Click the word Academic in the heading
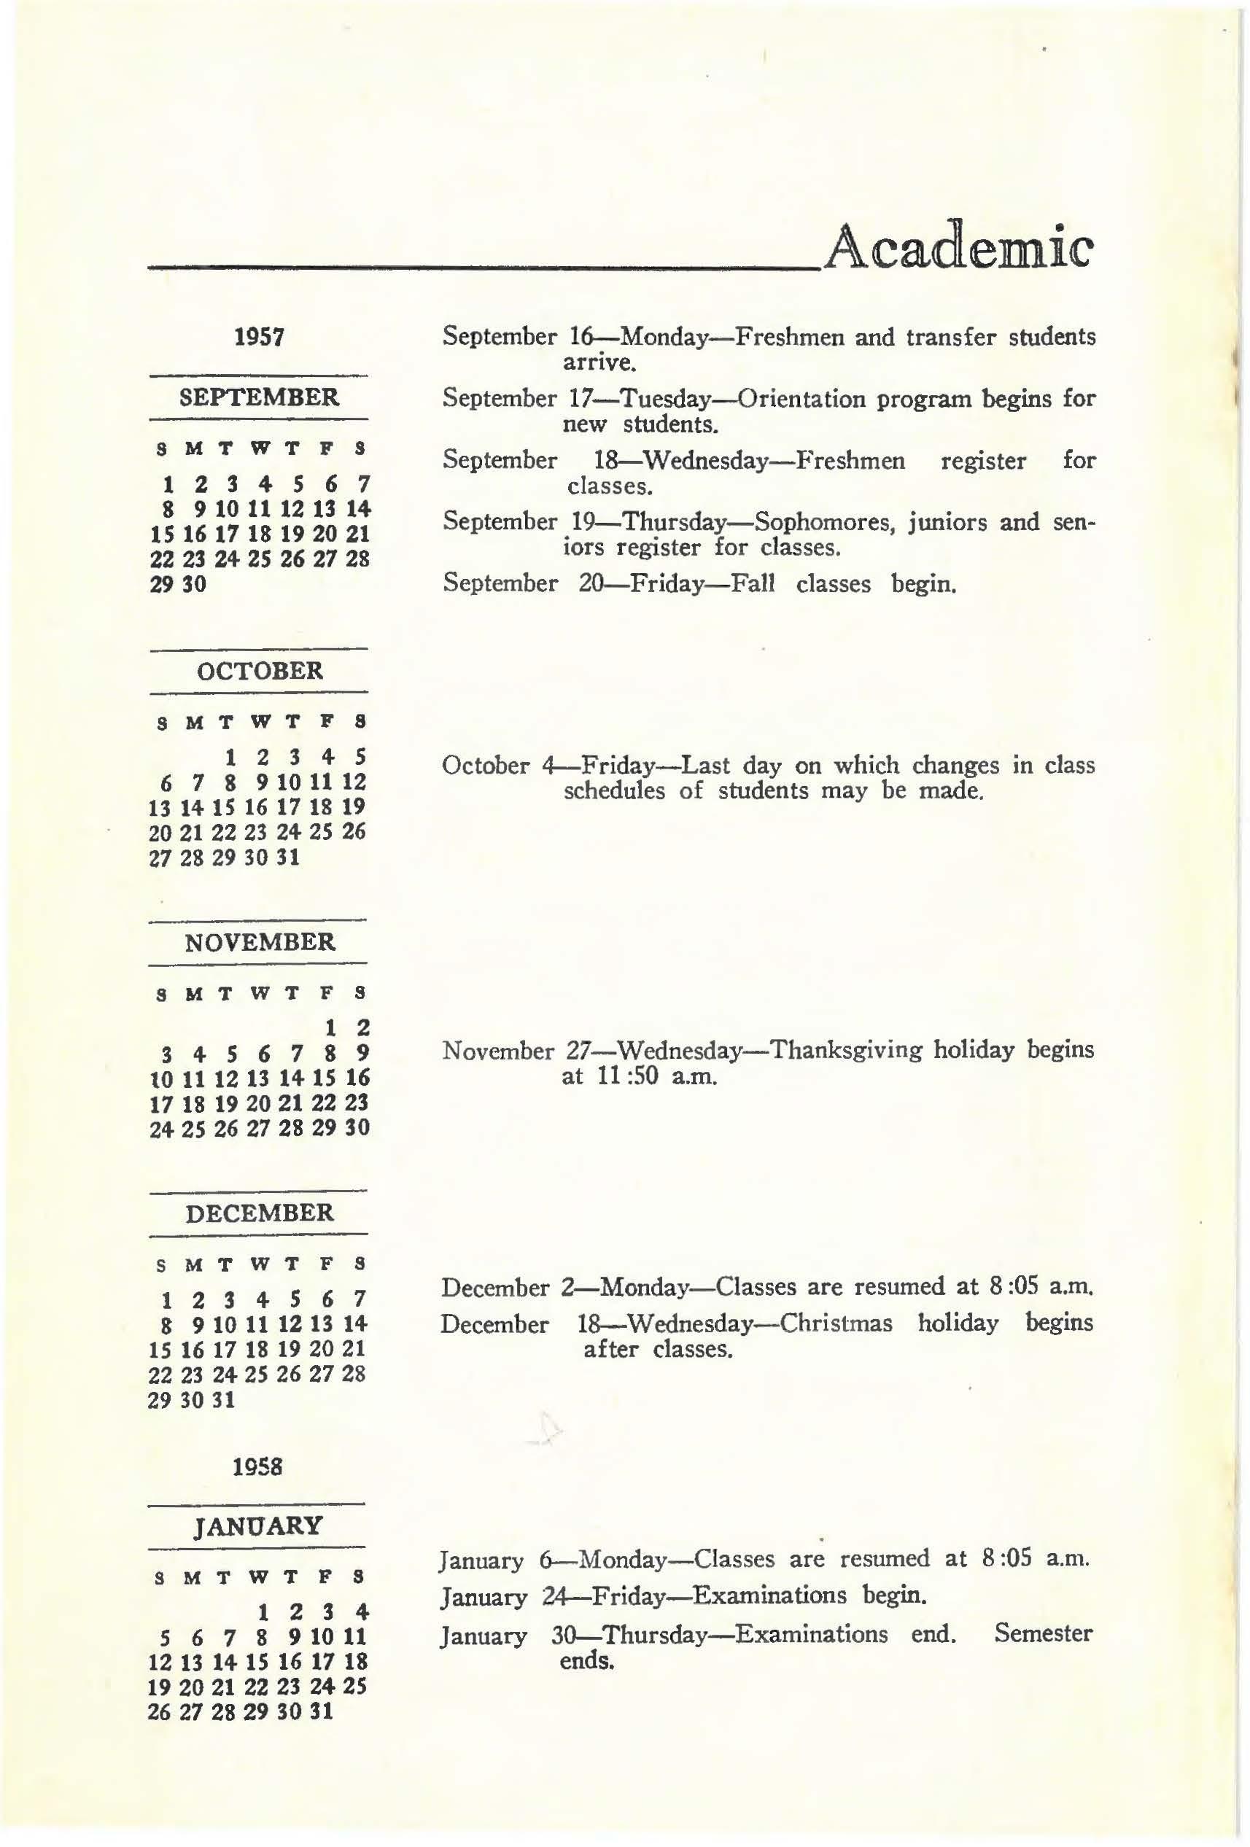(x=958, y=247)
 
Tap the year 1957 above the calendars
(x=259, y=338)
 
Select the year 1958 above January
(x=257, y=1466)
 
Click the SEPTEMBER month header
(x=259, y=397)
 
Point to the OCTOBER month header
(x=260, y=671)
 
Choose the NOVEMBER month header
(x=260, y=942)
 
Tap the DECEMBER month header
(x=260, y=1213)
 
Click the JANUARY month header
(x=258, y=1525)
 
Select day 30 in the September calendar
(x=194, y=584)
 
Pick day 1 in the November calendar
(x=330, y=1027)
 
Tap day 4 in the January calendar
(x=362, y=1611)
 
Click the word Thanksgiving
(x=846, y=1051)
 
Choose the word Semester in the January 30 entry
(x=1044, y=1633)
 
